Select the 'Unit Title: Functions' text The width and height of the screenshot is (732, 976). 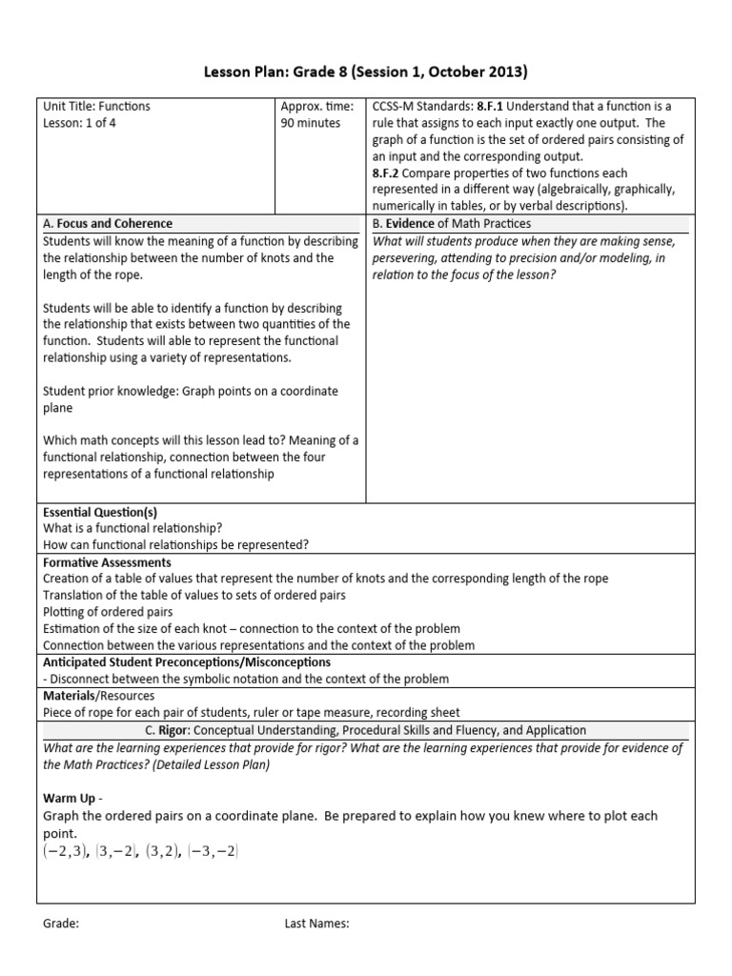point(96,107)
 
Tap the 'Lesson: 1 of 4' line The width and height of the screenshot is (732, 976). point(81,123)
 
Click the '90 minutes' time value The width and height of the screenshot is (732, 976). point(310,123)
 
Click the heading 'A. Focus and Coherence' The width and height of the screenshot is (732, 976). point(108,223)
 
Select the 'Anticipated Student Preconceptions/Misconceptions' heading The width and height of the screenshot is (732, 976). point(187,661)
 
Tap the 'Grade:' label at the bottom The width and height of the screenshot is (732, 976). point(61,924)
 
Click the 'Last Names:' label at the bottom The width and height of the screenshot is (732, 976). point(317,924)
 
